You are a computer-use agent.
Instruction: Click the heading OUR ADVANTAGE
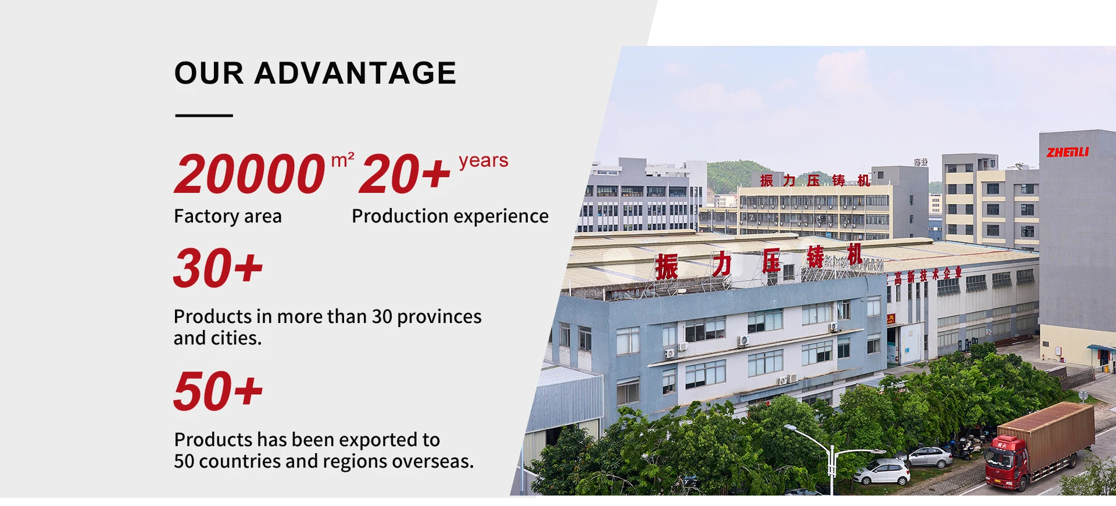click(x=315, y=73)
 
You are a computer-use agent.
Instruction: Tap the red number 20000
click(x=249, y=174)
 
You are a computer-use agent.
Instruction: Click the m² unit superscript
click(x=343, y=160)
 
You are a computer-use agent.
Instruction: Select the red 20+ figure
click(x=405, y=174)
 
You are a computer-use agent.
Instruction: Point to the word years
click(x=484, y=160)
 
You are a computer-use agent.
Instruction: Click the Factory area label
click(x=228, y=216)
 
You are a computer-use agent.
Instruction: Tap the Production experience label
click(x=450, y=216)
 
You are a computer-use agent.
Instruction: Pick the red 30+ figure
click(x=219, y=268)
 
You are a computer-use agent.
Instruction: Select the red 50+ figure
click(x=219, y=391)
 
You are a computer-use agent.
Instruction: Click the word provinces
click(x=439, y=317)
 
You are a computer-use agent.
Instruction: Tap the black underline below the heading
click(x=204, y=116)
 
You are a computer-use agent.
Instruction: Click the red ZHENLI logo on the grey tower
click(x=1068, y=152)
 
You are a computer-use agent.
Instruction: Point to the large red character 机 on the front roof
click(x=854, y=254)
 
